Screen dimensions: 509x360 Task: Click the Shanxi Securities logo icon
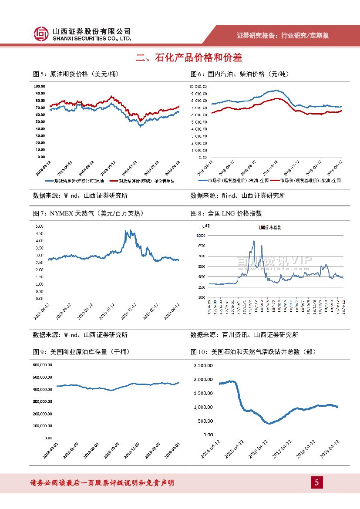coord(41,34)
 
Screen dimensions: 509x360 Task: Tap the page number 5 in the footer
coord(317,482)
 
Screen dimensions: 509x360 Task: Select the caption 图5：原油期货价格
coord(76,74)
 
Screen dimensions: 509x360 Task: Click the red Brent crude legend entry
coord(142,180)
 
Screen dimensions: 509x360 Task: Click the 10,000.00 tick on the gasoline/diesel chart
coord(198,86)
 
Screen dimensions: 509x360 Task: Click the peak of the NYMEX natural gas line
coord(130,231)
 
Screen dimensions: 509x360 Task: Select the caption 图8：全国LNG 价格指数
coord(226,213)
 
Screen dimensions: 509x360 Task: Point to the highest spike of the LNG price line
coord(254,241)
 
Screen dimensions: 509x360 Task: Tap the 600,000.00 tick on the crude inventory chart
coord(43,365)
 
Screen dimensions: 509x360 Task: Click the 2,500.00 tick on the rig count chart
coord(202,365)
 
